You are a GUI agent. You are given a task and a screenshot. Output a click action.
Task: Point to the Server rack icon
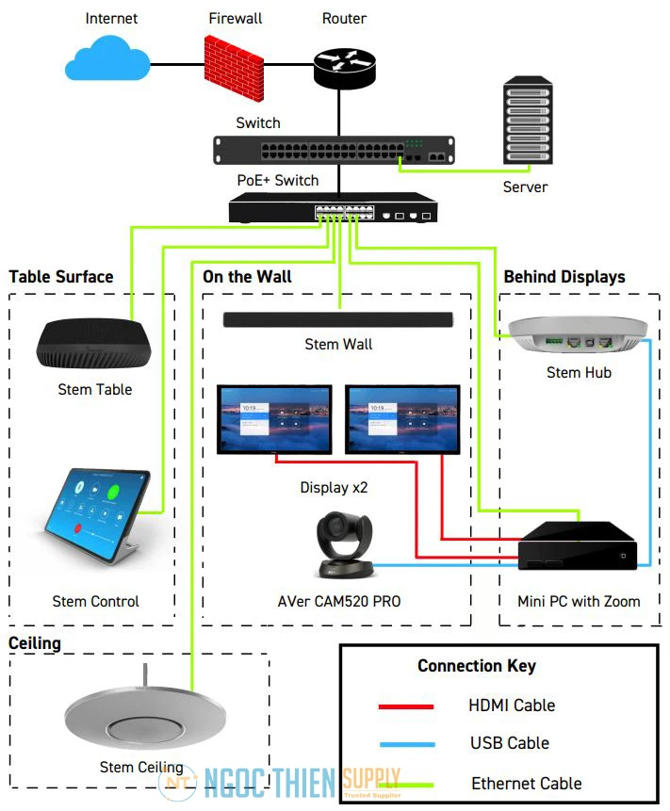(526, 122)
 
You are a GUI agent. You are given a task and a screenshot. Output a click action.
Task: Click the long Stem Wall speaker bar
(338, 320)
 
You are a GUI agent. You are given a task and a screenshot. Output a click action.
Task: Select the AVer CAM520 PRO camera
(343, 544)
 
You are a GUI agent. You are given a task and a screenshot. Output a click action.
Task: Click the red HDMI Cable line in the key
(405, 706)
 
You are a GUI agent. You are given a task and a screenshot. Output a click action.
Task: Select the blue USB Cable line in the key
(405, 743)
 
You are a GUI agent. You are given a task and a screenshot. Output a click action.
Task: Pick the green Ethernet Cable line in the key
(405, 782)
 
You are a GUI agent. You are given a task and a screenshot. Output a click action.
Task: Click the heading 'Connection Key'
(477, 666)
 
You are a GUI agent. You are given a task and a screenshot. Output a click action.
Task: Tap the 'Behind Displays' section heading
(564, 277)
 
